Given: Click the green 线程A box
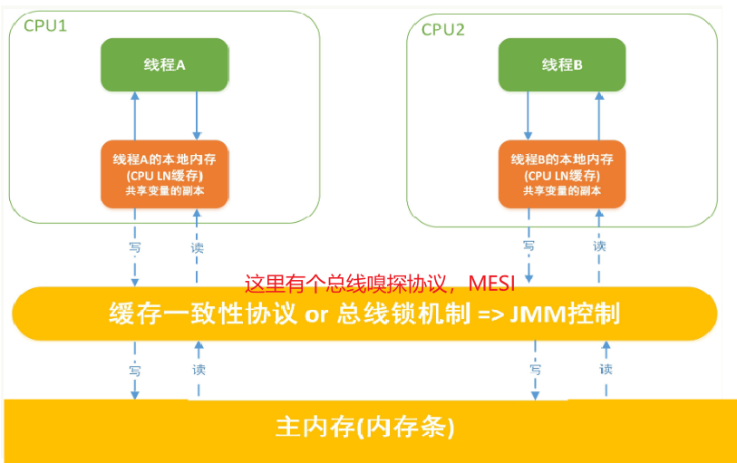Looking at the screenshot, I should click(x=164, y=64).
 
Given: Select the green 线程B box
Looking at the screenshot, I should click(x=561, y=64).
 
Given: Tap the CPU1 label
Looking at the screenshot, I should click(x=44, y=26).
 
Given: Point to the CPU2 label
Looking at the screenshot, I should click(x=442, y=29).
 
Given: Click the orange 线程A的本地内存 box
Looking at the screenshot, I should click(x=164, y=172).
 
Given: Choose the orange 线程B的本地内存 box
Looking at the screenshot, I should click(x=561, y=172).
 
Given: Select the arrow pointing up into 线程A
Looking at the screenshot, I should click(x=134, y=114).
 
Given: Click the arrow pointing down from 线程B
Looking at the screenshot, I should click(x=529, y=114).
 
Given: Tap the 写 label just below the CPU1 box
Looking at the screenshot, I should click(x=134, y=245).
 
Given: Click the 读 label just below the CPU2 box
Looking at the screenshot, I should click(x=599, y=245).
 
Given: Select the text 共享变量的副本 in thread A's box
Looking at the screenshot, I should click(x=164, y=190).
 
